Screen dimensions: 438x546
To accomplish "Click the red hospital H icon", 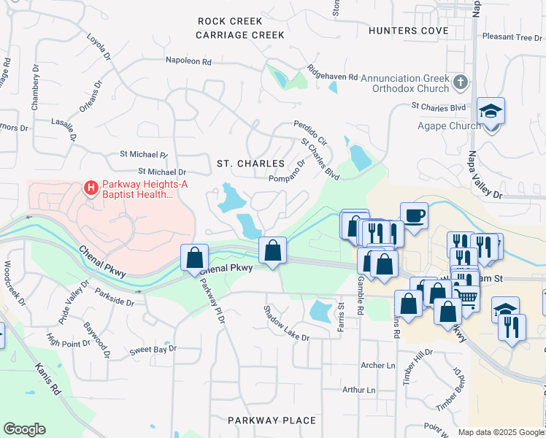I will (91, 188).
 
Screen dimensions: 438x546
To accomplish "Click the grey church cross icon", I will (460, 82).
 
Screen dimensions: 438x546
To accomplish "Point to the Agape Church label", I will (449, 126).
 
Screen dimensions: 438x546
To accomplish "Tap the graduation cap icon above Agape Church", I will (491, 112).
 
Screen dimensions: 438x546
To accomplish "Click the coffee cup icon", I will (414, 215).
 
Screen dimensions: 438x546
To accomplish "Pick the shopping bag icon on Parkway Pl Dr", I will (194, 257).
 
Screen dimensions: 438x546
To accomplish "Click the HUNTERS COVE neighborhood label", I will (409, 31).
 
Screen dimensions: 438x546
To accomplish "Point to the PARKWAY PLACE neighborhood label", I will (272, 420).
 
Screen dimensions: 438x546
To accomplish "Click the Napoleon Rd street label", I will (188, 61).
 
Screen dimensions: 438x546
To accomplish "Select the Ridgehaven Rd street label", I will (332, 75).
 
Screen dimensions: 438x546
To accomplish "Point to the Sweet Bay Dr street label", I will (153, 350).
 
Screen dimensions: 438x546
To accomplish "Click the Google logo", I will (24, 429).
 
